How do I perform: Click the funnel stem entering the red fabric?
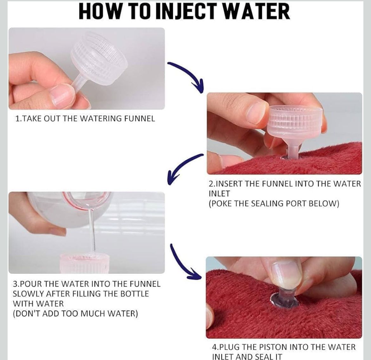tap(293, 151)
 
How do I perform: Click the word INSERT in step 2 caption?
tap(228, 183)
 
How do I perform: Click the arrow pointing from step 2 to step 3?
tap(182, 167)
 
